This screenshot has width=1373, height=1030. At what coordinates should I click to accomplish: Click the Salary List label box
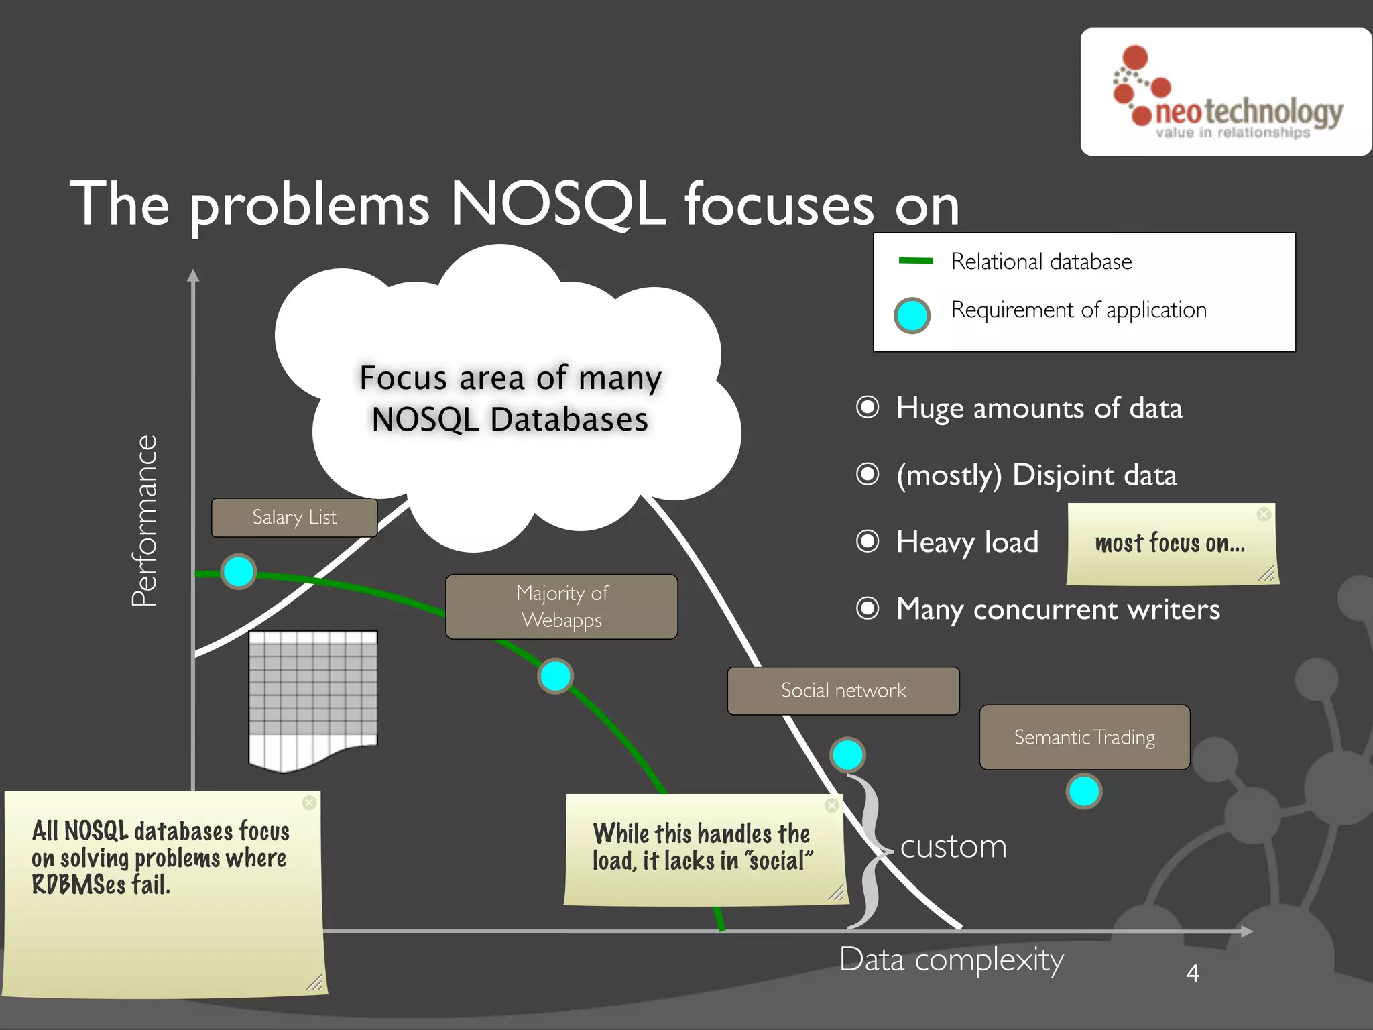(294, 517)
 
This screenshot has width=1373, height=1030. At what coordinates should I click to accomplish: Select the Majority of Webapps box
(562, 606)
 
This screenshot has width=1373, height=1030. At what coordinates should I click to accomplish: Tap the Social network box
(843, 690)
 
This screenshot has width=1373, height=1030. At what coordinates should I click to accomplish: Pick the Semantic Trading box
(1084, 737)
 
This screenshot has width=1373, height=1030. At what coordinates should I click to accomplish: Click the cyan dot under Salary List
(239, 572)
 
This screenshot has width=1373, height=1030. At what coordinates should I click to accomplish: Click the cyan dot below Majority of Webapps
(555, 676)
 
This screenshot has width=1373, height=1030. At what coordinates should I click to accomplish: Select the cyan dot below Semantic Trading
(1084, 791)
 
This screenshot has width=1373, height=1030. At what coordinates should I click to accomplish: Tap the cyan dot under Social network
(847, 755)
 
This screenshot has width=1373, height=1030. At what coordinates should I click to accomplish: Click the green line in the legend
(916, 261)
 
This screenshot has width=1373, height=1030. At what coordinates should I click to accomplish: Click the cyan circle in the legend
(912, 315)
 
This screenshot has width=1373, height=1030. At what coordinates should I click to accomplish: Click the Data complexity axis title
(951, 960)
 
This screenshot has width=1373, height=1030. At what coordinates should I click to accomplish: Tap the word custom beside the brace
(953, 846)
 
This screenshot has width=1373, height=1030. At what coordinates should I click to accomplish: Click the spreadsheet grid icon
(313, 697)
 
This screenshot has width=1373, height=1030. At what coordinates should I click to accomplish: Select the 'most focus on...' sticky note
(1172, 544)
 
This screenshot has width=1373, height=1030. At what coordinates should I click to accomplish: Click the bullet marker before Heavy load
(868, 541)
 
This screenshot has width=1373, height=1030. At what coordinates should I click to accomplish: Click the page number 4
(1192, 973)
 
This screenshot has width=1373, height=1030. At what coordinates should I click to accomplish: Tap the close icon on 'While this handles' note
(832, 805)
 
